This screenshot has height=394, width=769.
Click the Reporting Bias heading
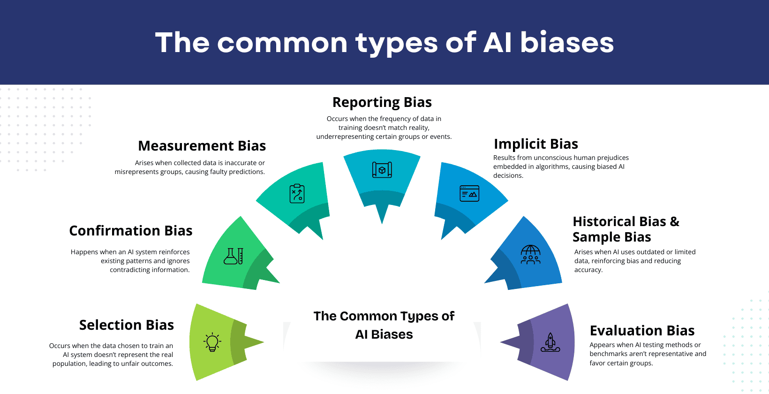coord(382,102)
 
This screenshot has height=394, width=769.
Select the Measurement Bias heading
coord(202,146)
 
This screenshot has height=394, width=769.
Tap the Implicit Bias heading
coord(536,144)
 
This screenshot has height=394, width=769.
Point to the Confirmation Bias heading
coord(131,231)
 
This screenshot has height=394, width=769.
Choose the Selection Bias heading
coord(127,325)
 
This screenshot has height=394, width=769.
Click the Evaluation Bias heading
coord(642,331)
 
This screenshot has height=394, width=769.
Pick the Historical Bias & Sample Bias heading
coord(626,229)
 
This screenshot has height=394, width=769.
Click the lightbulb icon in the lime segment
coord(212,342)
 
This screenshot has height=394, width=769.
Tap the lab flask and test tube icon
coord(234,256)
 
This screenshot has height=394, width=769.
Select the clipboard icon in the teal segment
coord(297,193)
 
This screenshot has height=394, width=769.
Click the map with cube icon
coord(382,170)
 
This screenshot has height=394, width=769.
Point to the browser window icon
coord(469,193)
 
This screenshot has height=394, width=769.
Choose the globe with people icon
coord(531,255)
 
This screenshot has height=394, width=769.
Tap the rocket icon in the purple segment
coord(550,342)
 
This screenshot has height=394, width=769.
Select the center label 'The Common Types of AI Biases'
coord(384,325)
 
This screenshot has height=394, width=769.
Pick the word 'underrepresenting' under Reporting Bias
coord(344,136)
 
